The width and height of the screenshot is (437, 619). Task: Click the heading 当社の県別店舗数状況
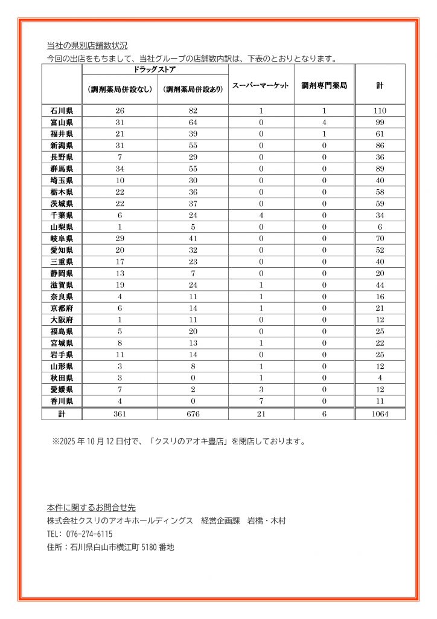[87, 46]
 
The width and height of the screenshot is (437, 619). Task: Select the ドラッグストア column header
[155, 70]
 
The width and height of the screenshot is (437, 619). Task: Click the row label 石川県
[62, 111]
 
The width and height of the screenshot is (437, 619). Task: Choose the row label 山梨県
[62, 227]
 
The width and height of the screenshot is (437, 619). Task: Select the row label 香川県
[62, 400]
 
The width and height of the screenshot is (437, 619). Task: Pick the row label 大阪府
[62, 319]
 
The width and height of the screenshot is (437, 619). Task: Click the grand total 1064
[380, 414]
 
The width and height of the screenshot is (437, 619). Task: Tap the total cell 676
[193, 414]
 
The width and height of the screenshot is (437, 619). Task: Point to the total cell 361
[120, 414]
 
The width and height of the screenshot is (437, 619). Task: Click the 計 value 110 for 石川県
[380, 111]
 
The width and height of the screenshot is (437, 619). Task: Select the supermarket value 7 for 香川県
[261, 400]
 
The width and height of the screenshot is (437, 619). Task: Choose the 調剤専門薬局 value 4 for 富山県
[324, 122]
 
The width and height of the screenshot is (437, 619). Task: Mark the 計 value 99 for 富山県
[380, 122]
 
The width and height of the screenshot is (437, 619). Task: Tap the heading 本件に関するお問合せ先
[91, 507]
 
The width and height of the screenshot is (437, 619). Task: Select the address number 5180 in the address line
[148, 548]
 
